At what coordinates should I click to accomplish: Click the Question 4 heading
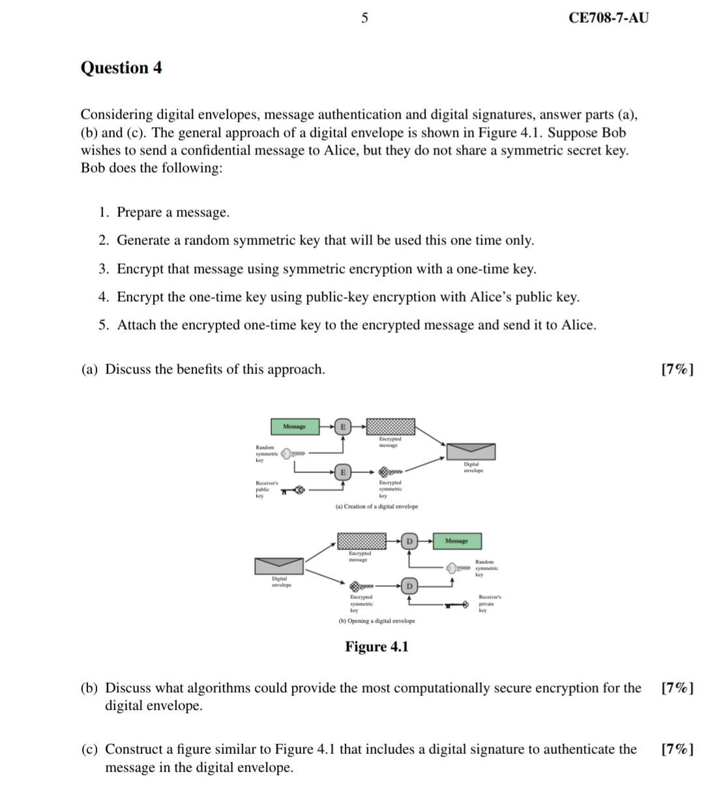coord(121,68)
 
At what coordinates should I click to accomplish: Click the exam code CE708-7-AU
coord(608,18)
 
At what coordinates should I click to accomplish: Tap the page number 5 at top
coord(364,18)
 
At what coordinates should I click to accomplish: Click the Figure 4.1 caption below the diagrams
coord(376,646)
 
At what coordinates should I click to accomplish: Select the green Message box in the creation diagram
coord(295,427)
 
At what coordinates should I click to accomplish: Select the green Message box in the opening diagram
coord(456,541)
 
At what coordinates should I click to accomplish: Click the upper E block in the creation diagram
coord(342,427)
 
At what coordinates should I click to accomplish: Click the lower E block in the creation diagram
coord(342,472)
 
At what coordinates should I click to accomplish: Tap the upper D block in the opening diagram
coord(409,541)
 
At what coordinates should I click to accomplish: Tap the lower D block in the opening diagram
coord(409,586)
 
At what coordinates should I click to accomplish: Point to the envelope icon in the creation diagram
coord(471,452)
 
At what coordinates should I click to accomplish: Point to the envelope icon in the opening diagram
coord(279,566)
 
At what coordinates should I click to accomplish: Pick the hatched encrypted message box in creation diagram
coord(390,427)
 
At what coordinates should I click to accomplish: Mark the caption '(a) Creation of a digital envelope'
coord(376,506)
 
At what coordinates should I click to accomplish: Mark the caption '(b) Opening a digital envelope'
coord(376,621)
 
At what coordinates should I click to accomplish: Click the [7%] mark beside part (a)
coord(677,369)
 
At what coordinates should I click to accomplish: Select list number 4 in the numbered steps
coord(104,297)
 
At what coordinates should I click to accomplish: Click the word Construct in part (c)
coord(132,749)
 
